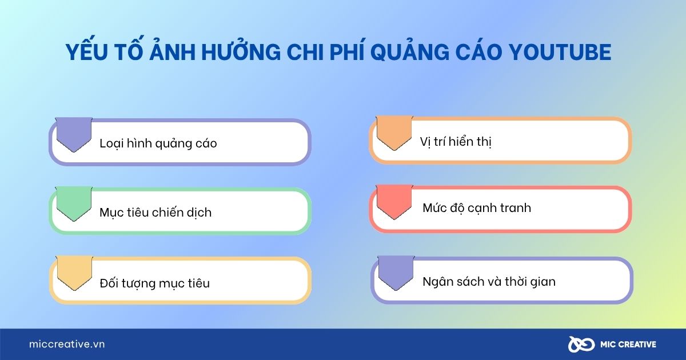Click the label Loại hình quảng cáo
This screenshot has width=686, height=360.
click(158, 143)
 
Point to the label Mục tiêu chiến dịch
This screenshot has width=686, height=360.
click(155, 213)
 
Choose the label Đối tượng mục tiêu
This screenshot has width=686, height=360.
click(154, 283)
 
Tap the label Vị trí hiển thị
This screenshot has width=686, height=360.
click(456, 142)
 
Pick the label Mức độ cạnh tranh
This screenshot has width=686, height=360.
click(477, 208)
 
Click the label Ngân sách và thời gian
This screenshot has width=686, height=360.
click(489, 281)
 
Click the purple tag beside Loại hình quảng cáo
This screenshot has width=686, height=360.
click(73, 134)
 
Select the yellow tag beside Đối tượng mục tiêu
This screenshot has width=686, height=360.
click(73, 273)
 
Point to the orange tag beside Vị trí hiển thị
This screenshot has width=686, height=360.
click(394, 132)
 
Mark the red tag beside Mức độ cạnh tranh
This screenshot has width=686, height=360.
click(394, 201)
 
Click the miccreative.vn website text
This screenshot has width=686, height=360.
click(67, 345)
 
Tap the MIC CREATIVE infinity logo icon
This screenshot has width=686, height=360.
click(579, 344)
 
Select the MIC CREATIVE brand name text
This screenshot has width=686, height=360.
click(628, 345)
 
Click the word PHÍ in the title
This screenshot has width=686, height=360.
click(342, 53)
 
